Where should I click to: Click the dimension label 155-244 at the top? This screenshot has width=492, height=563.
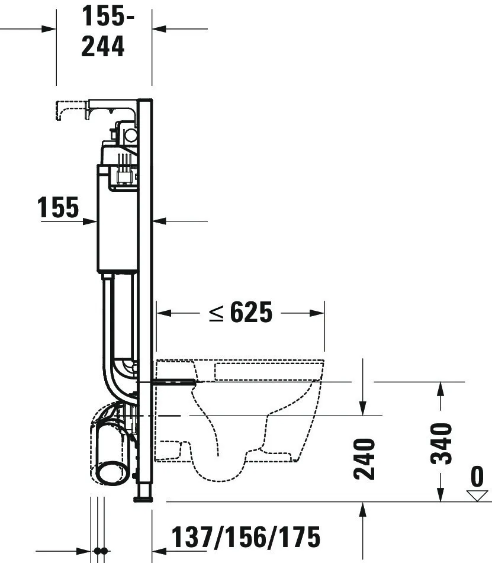tap(104, 33)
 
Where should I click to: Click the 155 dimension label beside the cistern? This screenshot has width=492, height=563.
tap(58, 208)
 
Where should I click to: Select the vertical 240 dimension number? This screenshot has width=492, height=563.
tap(364, 459)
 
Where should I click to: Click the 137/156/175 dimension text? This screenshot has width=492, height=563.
tap(246, 537)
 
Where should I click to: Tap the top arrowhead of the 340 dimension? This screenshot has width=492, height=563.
tap(439, 388)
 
